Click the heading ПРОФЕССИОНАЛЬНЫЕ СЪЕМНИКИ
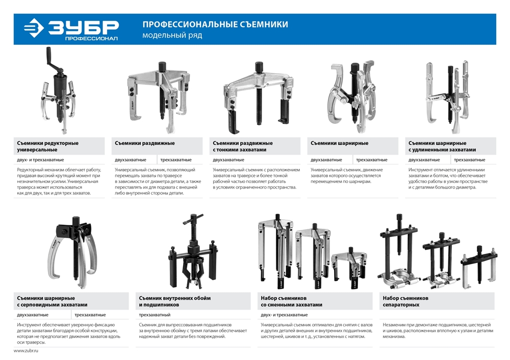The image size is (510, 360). pyautogui.click(x=215, y=24)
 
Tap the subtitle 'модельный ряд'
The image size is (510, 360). pyautogui.click(x=172, y=36)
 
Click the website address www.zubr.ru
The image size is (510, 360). pyautogui.click(x=26, y=352)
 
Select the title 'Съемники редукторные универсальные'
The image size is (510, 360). pyautogui.click(x=47, y=146)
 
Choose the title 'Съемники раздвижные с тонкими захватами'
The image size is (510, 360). pyautogui.click(x=242, y=146)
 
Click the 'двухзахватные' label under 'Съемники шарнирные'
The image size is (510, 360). pyautogui.click(x=326, y=160)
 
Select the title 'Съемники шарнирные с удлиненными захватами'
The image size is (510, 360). pyautogui.click(x=442, y=146)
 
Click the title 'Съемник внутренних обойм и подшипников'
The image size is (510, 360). pyautogui.click(x=174, y=301)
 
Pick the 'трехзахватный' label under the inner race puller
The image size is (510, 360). pyautogui.click(x=155, y=315)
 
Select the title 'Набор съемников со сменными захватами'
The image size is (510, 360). pyautogui.click(x=291, y=301)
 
